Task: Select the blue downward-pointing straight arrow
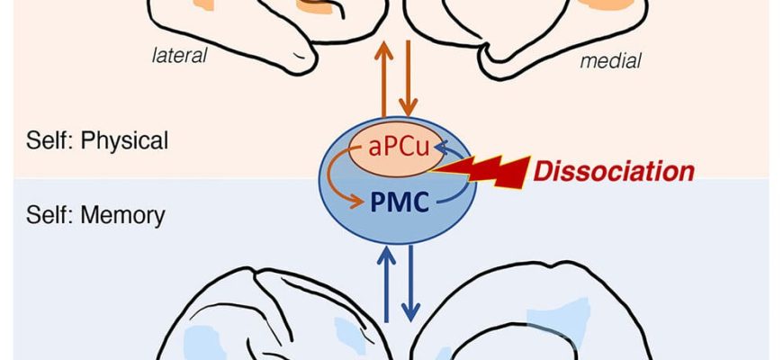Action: click(x=411, y=283)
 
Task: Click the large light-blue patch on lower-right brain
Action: click(x=558, y=324)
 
